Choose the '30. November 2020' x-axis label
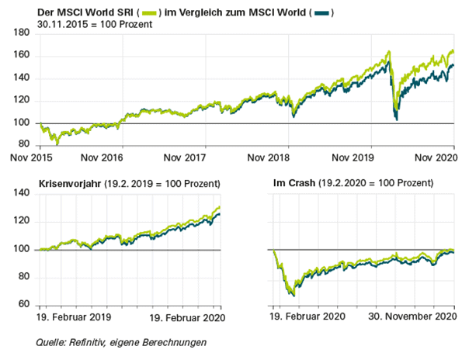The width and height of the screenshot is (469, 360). coord(414,317)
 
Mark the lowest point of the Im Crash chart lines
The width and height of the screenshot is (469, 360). coord(292,296)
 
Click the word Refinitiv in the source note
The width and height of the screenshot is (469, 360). coord(90,342)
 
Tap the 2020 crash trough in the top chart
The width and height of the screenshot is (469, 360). coord(397,119)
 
